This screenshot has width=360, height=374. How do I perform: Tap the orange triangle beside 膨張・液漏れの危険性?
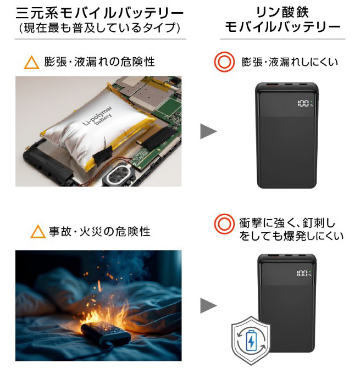tap(32, 62)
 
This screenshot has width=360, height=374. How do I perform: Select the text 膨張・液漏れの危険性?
tap(99, 62)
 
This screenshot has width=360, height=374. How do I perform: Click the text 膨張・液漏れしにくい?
tap(290, 62)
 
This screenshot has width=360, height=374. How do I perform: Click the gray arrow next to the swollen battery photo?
tap(208, 131)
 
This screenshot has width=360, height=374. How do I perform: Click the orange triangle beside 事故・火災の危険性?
tap(38, 232)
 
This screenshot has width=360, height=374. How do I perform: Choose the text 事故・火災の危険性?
tap(99, 232)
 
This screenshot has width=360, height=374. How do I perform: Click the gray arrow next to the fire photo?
tap(208, 305)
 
